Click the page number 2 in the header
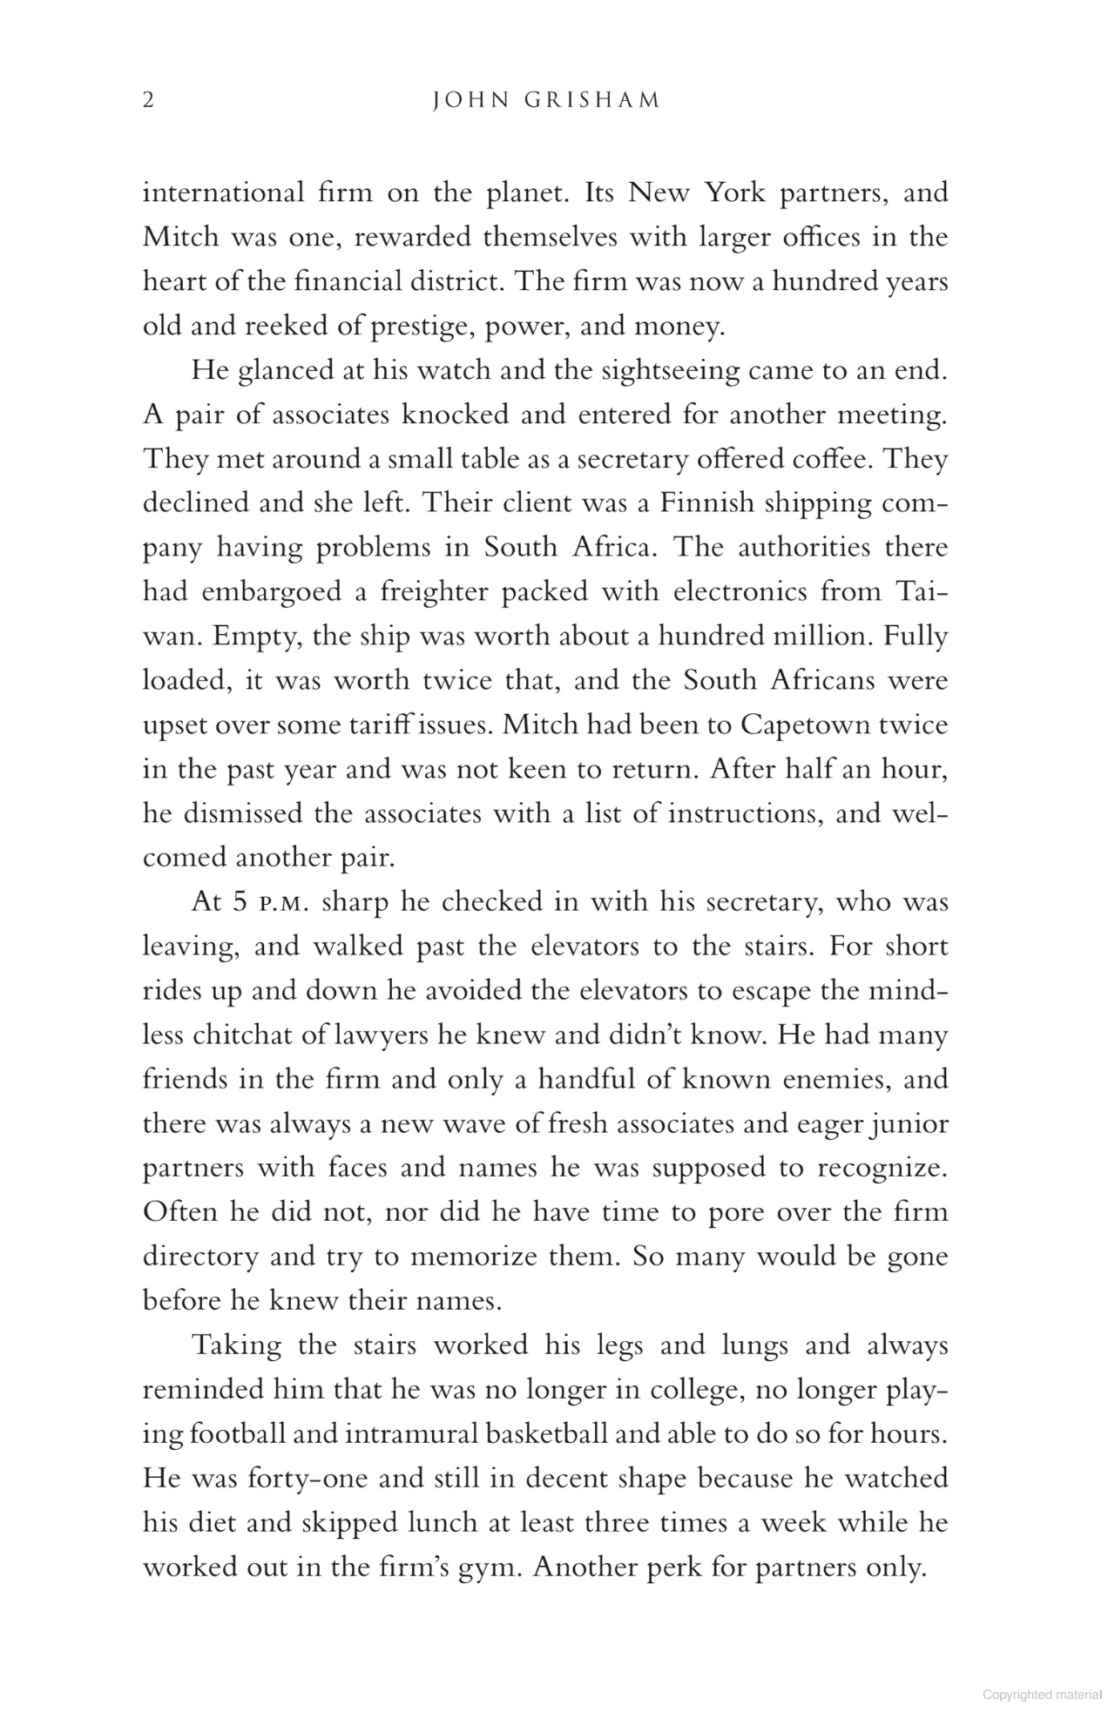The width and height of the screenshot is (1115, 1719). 148,101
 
